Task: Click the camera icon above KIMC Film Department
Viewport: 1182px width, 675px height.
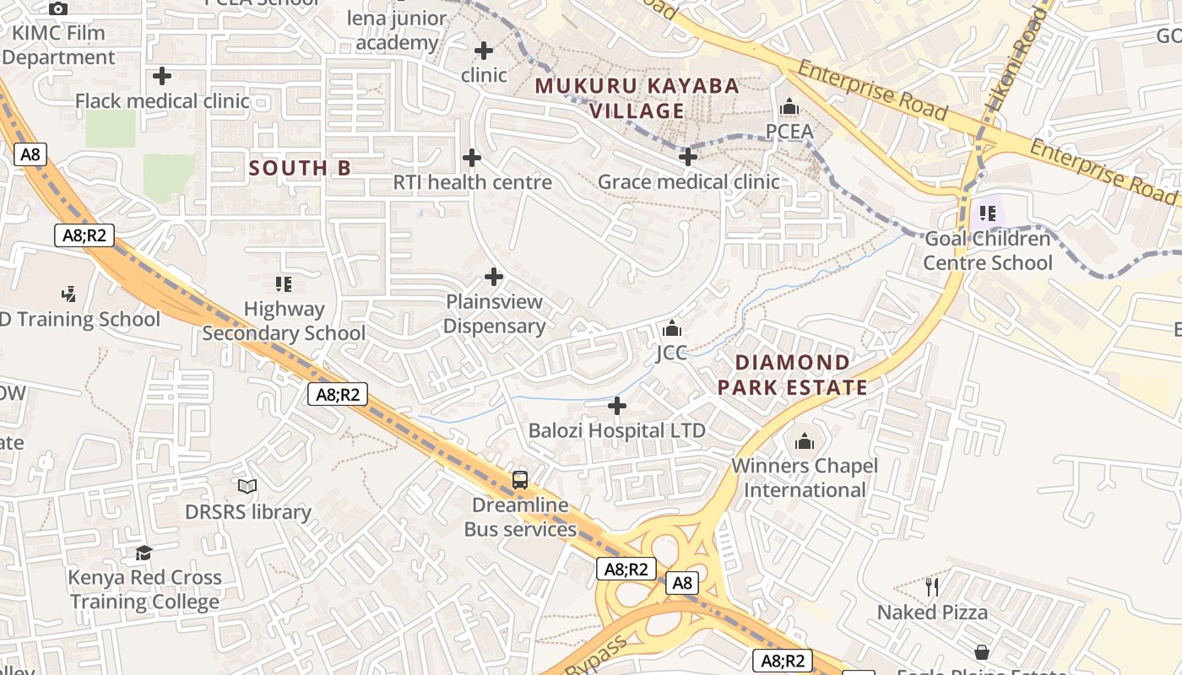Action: click(x=57, y=9)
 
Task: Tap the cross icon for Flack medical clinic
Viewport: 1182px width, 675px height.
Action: click(x=162, y=76)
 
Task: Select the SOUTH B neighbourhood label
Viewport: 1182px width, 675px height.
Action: click(x=300, y=168)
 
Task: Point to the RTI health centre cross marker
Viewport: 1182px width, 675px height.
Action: click(x=472, y=158)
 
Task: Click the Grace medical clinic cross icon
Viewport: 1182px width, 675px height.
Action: click(x=688, y=157)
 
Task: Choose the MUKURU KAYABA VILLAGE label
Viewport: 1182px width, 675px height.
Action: click(x=637, y=98)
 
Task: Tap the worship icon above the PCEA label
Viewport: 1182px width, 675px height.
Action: click(x=789, y=107)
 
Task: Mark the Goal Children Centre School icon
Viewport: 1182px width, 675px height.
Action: click(x=987, y=213)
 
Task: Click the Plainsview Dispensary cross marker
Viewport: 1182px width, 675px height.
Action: click(x=494, y=277)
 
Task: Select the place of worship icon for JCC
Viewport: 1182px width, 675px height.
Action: click(x=672, y=328)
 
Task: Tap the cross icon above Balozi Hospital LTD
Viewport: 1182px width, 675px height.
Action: click(x=617, y=407)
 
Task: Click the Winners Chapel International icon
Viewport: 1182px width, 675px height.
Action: click(x=804, y=441)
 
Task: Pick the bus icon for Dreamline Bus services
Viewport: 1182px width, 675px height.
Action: click(x=520, y=480)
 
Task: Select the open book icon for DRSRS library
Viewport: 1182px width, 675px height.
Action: click(x=247, y=487)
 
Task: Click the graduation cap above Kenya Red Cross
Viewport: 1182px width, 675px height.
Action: click(x=144, y=553)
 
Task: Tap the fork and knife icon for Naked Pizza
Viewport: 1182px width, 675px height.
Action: click(x=932, y=587)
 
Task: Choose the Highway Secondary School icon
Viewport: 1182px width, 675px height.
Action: click(x=284, y=284)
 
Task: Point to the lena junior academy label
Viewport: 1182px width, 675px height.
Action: click(x=397, y=30)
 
